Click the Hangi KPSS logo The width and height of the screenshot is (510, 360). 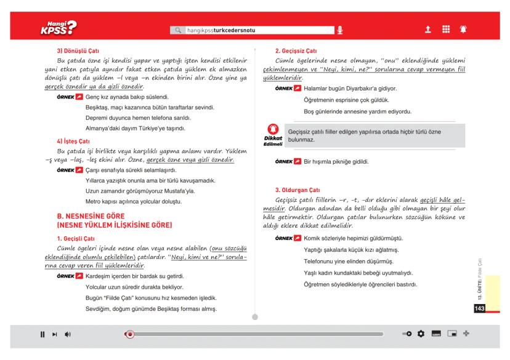click(x=57, y=28)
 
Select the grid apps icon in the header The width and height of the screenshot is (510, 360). click(x=446, y=29)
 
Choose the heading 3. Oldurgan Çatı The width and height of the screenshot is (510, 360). click(x=299, y=189)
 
